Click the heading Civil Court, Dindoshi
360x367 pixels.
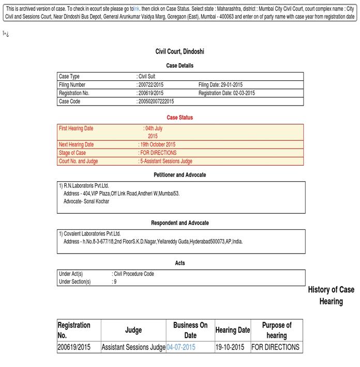tap(179, 52)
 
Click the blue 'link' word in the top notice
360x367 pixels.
tap(137, 9)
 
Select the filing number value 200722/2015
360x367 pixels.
tap(150, 85)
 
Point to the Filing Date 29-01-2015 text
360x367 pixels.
tap(220, 85)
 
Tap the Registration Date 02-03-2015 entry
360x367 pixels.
tap(226, 93)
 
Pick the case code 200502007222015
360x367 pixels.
tap(155, 101)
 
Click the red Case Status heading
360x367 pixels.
tap(179, 118)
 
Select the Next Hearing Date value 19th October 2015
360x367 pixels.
tap(157, 144)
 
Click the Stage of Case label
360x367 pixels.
tap(72, 153)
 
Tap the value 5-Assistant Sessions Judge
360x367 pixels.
tap(166, 161)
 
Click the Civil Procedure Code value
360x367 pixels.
tap(133, 274)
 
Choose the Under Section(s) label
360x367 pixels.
tap(75, 282)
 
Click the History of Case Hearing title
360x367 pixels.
tap(331, 296)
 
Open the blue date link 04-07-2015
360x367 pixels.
tap(181, 347)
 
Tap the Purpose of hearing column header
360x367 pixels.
tap(276, 330)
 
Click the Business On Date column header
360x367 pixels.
tap(190, 330)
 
